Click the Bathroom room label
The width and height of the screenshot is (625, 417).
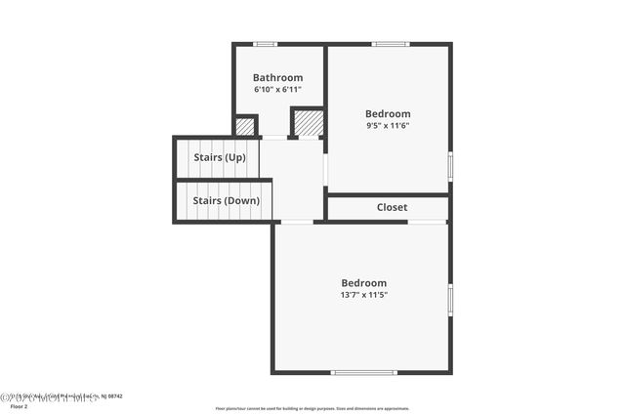coord(277,78)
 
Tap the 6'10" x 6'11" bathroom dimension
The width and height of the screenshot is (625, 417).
coord(277,90)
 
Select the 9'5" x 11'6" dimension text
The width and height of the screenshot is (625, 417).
coord(388,125)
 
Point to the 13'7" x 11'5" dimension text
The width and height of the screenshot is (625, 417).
coord(363,295)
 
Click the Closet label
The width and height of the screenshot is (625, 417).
coord(392,207)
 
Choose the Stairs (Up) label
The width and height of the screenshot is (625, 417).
coord(221,157)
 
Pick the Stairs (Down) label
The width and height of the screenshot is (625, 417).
coord(226,201)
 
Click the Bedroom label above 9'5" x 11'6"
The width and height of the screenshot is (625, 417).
coord(388,113)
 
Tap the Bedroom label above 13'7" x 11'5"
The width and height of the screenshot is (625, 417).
coord(363,283)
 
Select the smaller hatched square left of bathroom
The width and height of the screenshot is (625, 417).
coord(245,126)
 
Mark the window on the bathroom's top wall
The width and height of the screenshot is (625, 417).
coord(265,44)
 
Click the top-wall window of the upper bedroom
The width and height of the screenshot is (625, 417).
coord(390,44)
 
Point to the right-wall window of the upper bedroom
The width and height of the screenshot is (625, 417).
coord(450,165)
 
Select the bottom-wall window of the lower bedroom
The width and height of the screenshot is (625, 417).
coord(363,372)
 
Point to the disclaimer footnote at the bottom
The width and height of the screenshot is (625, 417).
coord(312,408)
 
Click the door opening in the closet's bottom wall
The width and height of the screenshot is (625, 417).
coord(427,222)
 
